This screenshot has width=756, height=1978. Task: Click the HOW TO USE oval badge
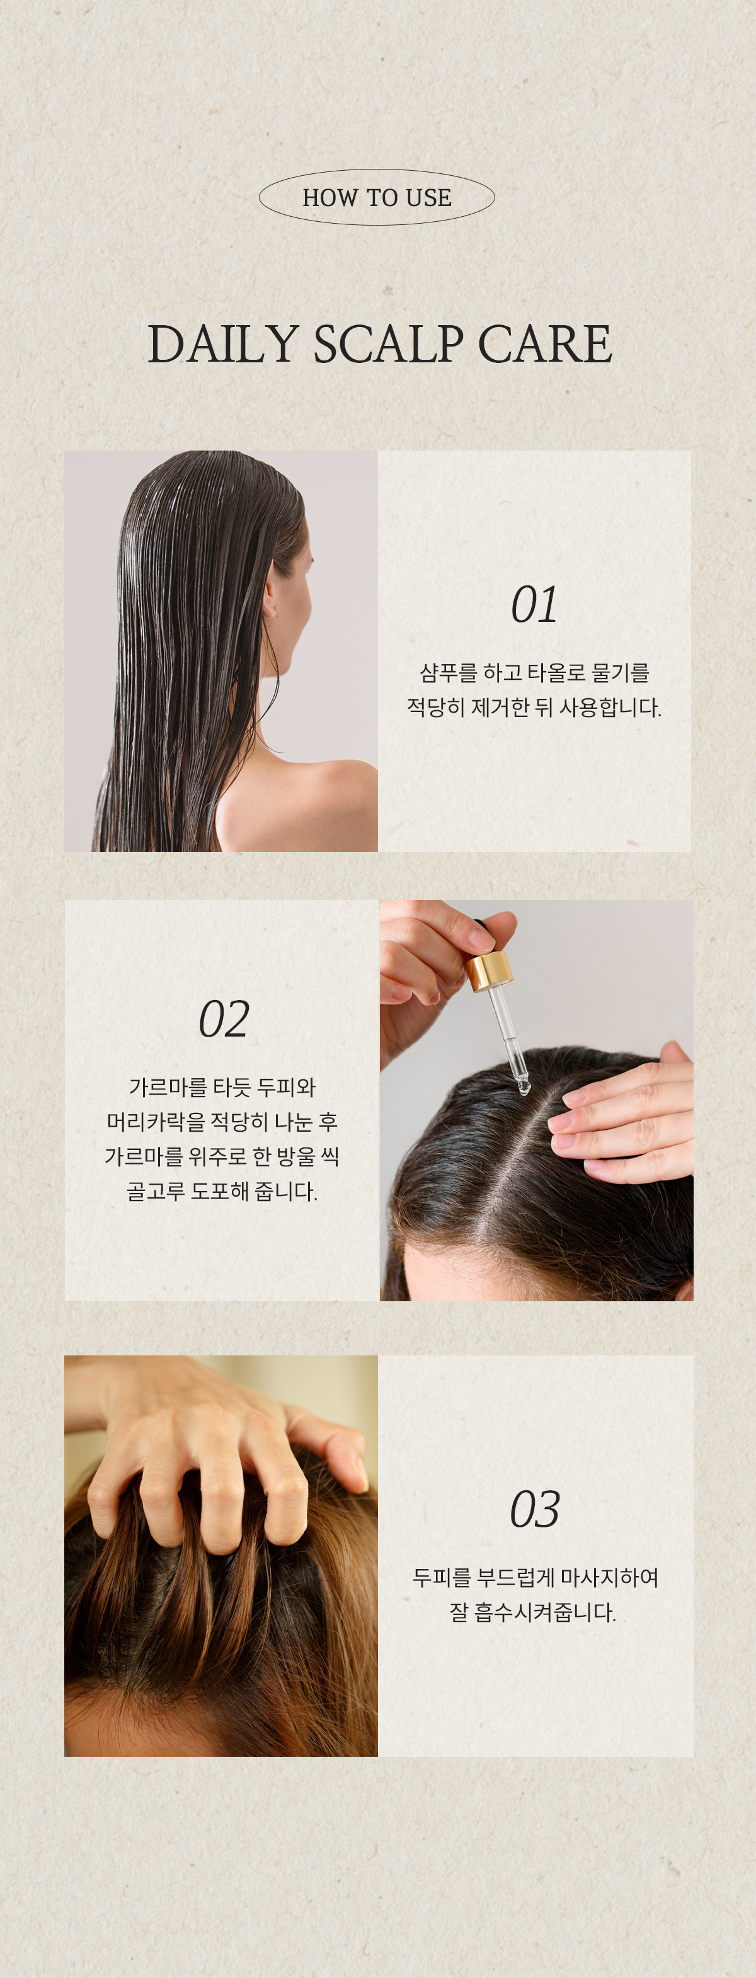point(377,197)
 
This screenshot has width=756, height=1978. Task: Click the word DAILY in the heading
point(222,343)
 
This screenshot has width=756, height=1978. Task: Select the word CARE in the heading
point(545,343)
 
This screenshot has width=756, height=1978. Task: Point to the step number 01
point(534,605)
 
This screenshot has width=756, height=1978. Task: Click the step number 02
point(224,1019)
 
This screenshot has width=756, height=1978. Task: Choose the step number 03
point(535,1509)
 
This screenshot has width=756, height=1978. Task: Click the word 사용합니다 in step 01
point(609,707)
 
